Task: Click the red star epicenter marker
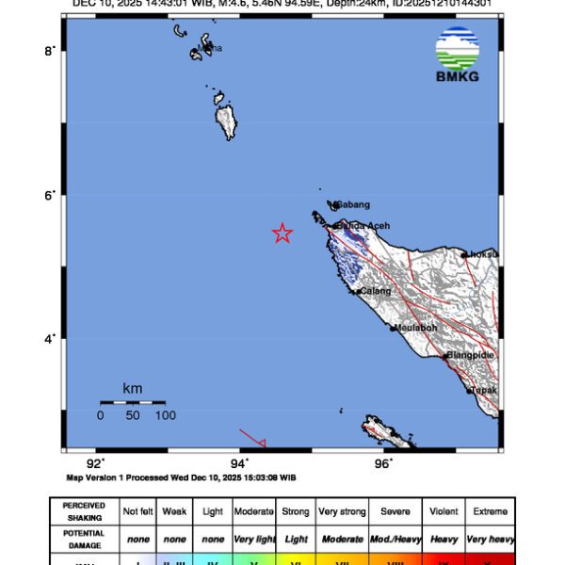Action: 282,234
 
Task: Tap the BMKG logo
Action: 458,56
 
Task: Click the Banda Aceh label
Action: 363,226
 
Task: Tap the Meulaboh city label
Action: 416,328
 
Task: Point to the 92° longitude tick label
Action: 95,462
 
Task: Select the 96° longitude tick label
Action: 383,462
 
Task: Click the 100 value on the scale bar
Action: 166,415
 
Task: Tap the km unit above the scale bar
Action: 133,388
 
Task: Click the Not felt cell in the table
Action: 137,511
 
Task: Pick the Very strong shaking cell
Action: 342,511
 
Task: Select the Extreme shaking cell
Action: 490,511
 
